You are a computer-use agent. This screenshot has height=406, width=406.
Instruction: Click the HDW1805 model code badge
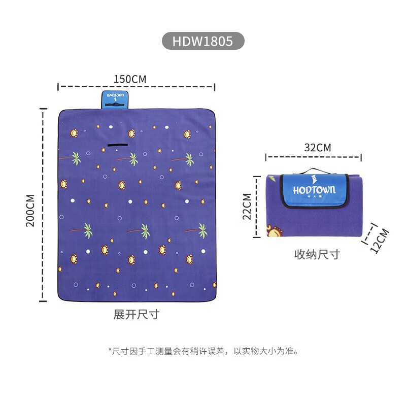click(203, 41)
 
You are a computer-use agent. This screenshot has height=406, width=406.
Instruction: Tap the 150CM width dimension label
click(130, 79)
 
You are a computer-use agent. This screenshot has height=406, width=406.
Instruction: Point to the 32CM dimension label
click(317, 148)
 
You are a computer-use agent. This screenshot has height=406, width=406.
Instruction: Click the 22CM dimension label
click(247, 206)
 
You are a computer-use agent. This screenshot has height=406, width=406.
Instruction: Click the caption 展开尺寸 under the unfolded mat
click(136, 315)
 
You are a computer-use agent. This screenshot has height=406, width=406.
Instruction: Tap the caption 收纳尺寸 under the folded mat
click(317, 255)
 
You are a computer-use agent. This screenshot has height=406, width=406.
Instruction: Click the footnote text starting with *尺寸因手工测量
click(203, 351)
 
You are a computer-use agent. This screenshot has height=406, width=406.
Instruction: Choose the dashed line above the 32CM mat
click(314, 158)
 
